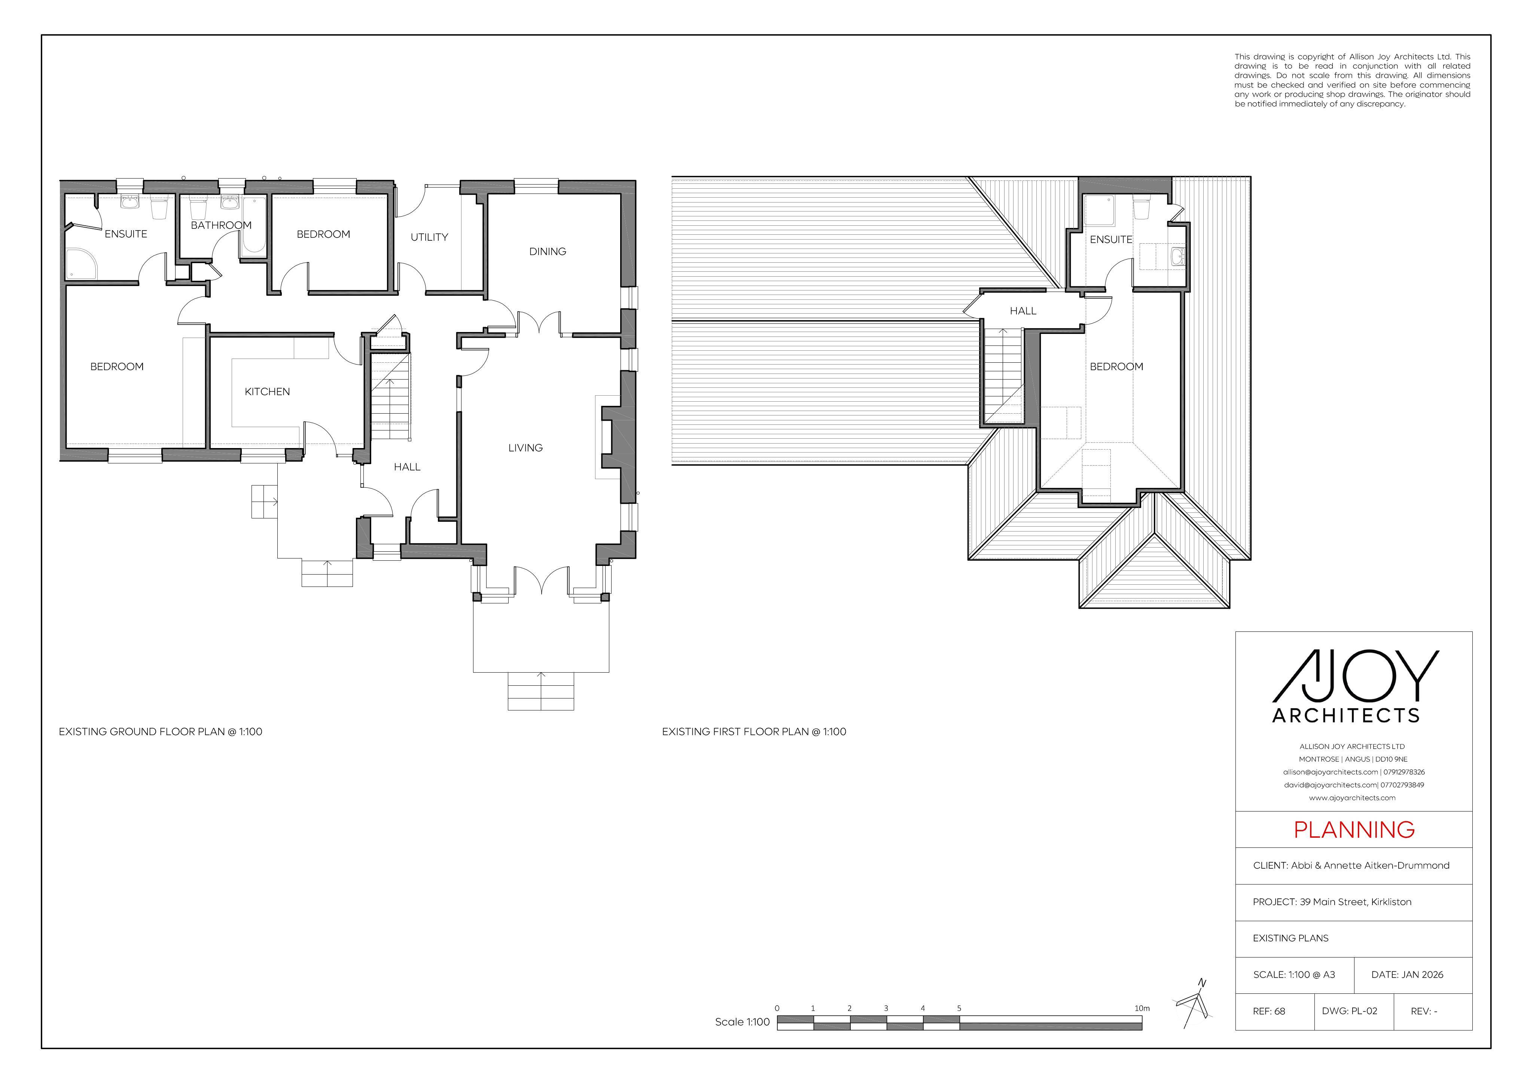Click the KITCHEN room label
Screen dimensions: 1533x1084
click(x=267, y=392)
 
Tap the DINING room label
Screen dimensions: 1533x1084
click(x=548, y=251)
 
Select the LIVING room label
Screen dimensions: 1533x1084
click(x=525, y=448)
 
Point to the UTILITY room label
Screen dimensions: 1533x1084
click(x=429, y=237)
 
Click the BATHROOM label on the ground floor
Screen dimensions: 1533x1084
click(x=221, y=225)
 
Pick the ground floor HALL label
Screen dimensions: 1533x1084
click(x=407, y=467)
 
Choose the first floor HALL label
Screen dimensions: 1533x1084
click(x=1023, y=311)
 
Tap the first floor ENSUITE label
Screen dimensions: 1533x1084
click(x=1111, y=239)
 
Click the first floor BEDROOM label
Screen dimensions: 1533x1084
click(x=1116, y=367)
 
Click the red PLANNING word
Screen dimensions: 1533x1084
click(x=1354, y=829)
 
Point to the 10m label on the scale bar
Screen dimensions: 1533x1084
click(x=1142, y=1008)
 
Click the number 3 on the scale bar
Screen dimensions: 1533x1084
click(x=886, y=1008)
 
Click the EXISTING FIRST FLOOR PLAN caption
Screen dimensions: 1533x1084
click(x=754, y=731)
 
